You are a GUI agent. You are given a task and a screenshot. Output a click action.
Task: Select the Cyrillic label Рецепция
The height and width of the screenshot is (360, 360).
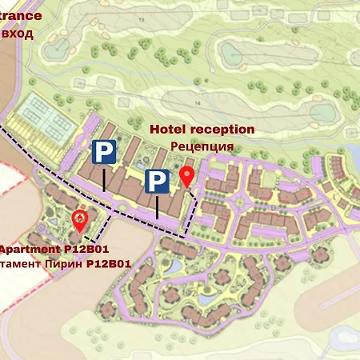[x=202, y=146]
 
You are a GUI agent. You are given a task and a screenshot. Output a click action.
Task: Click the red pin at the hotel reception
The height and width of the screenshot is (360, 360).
[x=187, y=177]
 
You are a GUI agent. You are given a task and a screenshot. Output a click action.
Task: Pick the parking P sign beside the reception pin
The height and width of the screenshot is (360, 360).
[x=157, y=182]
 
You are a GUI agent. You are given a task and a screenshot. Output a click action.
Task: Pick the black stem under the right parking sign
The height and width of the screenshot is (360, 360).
[x=157, y=206]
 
